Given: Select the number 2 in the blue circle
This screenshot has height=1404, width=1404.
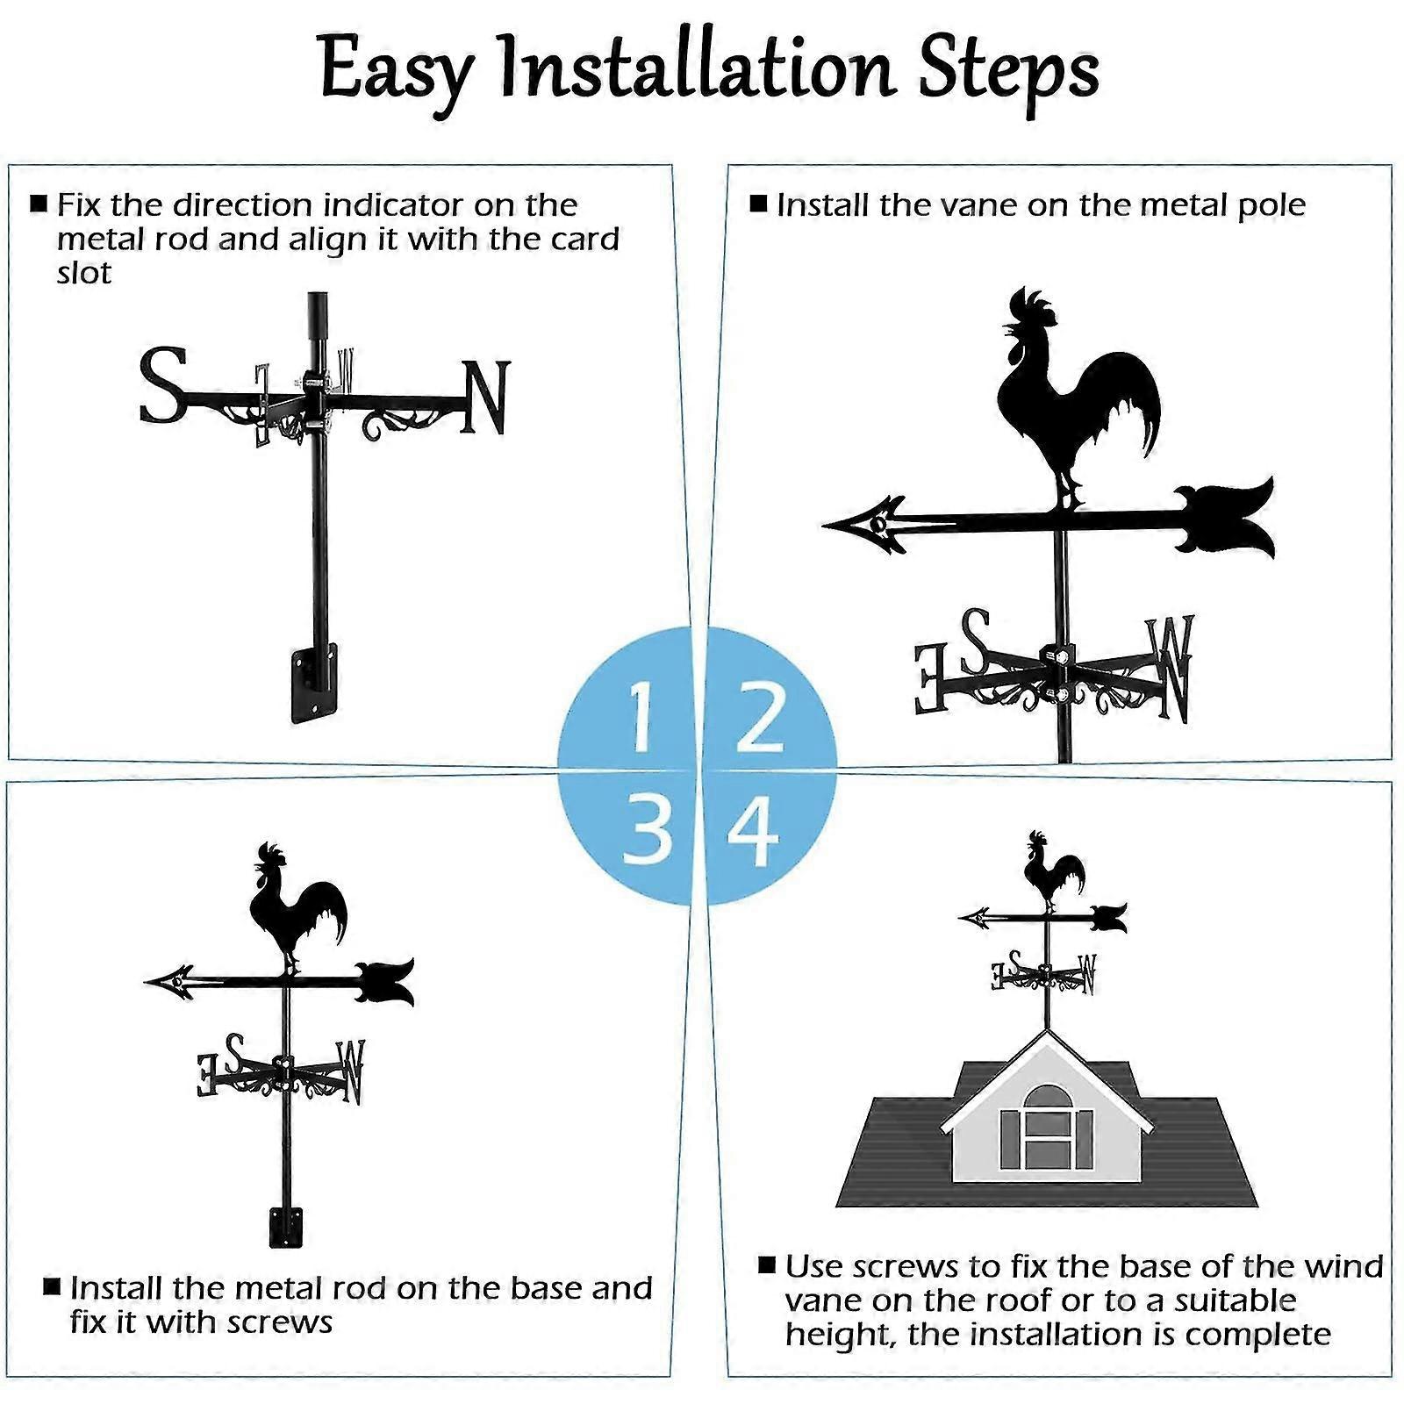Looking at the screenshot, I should point(760,718).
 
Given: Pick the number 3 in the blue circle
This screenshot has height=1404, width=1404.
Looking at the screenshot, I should point(648,829).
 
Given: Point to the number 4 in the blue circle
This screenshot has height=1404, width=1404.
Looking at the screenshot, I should point(753,829).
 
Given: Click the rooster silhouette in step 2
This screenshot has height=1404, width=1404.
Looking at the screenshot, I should point(1071,395).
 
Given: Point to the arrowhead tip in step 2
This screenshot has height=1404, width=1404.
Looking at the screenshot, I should point(834,525).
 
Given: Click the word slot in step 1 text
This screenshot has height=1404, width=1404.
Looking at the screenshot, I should point(84,273).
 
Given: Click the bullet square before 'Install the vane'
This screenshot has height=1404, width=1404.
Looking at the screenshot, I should point(759,204).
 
